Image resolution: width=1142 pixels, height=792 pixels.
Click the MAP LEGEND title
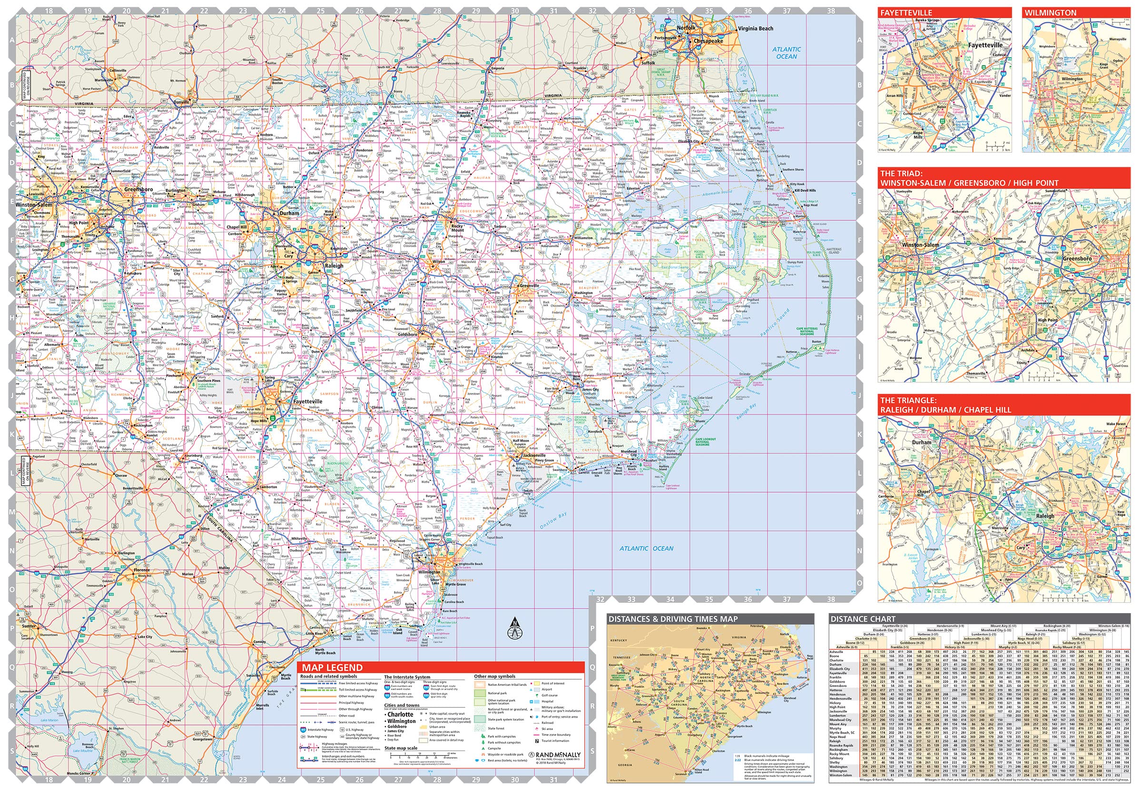(332, 667)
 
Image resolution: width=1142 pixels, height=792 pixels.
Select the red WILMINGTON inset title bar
(1075, 12)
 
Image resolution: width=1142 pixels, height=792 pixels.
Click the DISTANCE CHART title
(863, 619)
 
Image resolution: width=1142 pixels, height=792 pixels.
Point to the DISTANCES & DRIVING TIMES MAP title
(672, 619)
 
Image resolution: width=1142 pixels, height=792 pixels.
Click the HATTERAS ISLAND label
(833, 251)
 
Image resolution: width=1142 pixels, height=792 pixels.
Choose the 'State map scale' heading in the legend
(401, 748)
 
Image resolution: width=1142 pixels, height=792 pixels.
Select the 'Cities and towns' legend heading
(402, 704)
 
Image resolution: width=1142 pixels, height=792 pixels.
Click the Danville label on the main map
(182, 102)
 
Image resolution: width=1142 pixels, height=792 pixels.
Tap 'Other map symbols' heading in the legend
(494, 676)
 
